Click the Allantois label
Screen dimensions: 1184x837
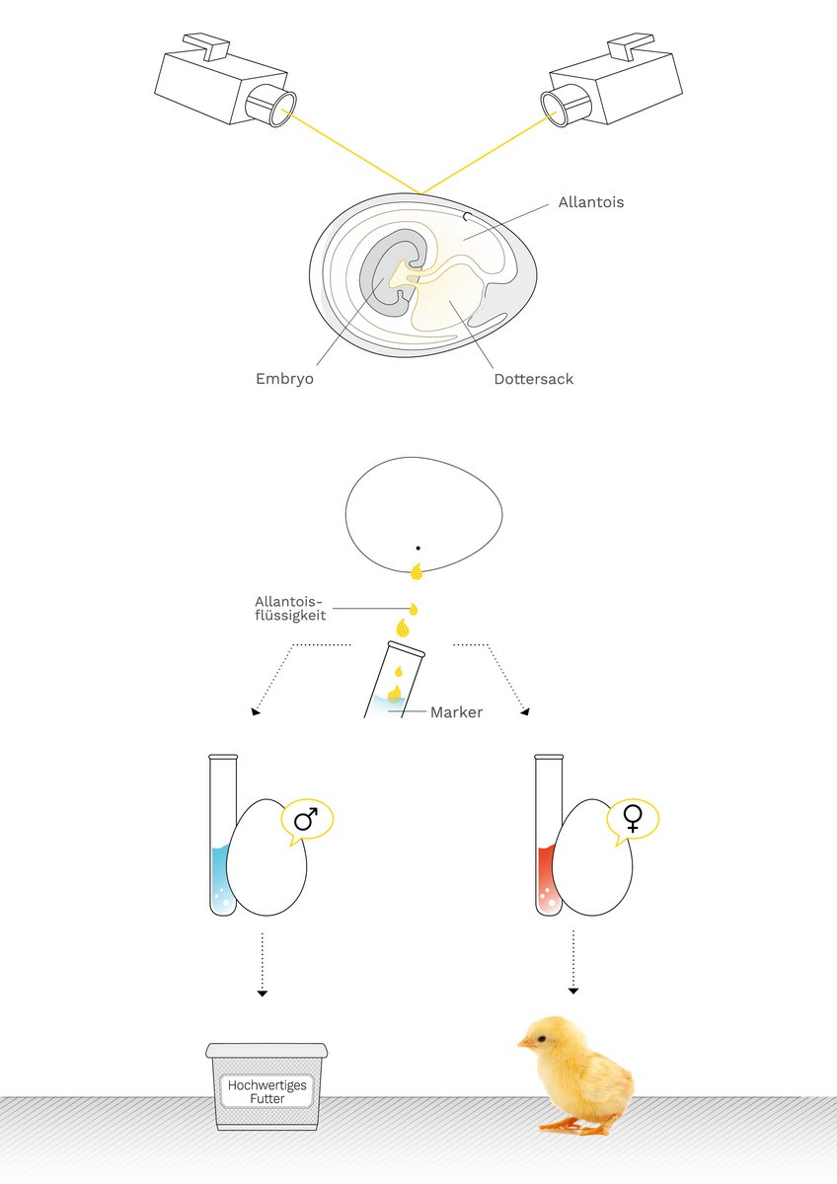point(590,203)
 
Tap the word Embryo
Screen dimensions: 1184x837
point(284,378)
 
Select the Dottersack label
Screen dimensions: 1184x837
point(533,379)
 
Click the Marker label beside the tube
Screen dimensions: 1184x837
point(456,711)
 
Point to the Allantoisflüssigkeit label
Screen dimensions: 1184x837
point(290,609)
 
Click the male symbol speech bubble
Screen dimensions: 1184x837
point(307,820)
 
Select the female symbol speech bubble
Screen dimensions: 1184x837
point(633,818)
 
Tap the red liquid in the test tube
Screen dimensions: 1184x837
point(547,878)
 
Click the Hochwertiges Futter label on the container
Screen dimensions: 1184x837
point(267,1090)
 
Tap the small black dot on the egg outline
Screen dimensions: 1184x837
point(418,548)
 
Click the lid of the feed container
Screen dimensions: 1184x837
point(266,1050)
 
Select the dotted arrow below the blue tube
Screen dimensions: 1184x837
point(262,963)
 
